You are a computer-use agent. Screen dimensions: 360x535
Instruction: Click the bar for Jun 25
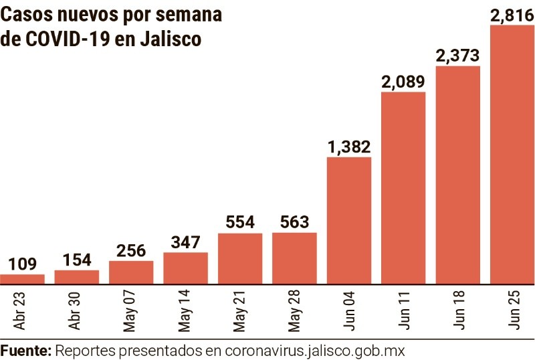pos(512,154)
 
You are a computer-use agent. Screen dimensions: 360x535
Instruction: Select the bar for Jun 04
pos(349,220)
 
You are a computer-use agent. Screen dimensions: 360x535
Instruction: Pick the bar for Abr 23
pos(22,278)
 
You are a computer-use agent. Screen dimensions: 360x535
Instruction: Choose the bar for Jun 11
pos(403,187)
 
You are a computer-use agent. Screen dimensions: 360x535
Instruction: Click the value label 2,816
pos(512,15)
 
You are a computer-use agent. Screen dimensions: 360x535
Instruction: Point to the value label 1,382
pos(349,146)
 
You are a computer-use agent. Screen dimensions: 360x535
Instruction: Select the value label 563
pos(294,222)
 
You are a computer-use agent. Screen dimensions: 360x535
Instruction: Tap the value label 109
pos(22,264)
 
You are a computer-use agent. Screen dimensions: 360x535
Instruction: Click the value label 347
pos(185,242)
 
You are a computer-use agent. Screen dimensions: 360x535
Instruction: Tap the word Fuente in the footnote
pos(25,350)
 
